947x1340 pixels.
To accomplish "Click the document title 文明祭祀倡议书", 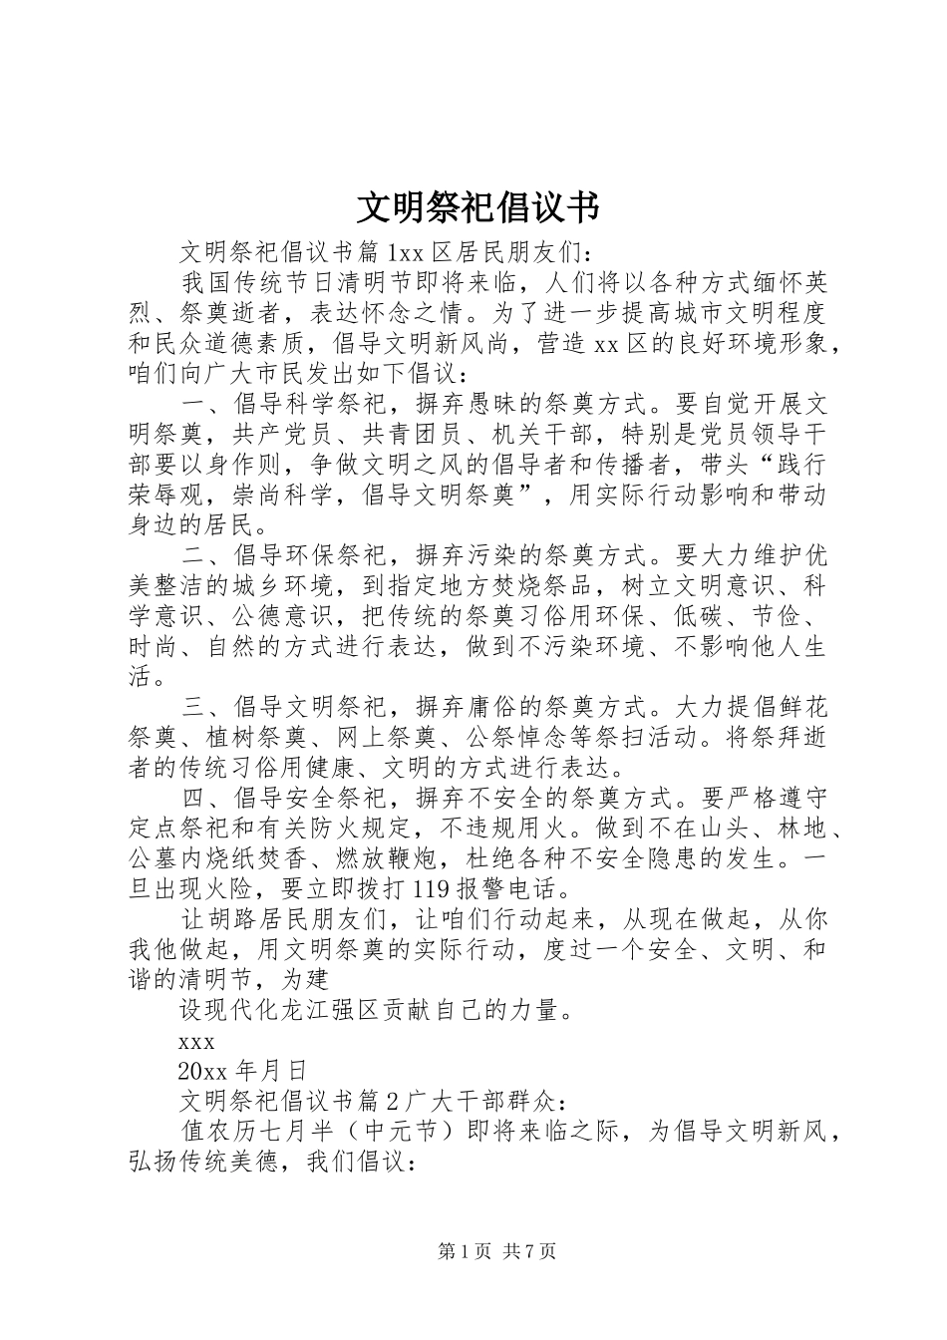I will click(x=477, y=208).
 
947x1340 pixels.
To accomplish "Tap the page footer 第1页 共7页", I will click(x=496, y=1251).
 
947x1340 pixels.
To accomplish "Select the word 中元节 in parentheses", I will click(x=401, y=1132).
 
